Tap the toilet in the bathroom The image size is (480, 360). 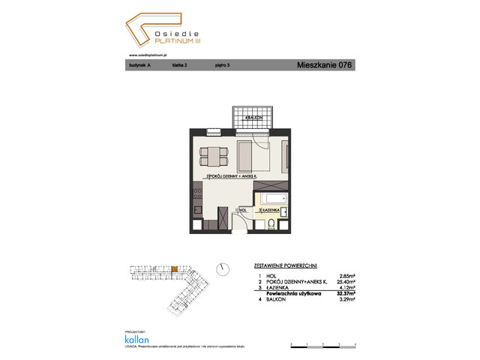click(x=271, y=221)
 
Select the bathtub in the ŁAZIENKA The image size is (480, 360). click(x=273, y=198)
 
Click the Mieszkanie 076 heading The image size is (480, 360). click(x=324, y=66)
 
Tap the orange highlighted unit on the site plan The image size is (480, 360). click(x=175, y=268)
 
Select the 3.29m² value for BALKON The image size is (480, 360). click(x=343, y=299)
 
